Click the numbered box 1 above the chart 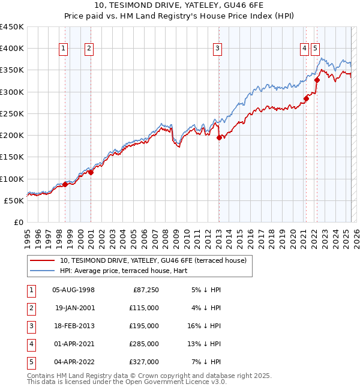[x=64, y=49]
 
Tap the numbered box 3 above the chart [x=217, y=49]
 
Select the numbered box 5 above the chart [x=316, y=49]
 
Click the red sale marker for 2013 [x=218, y=137]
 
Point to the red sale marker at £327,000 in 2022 [x=316, y=80]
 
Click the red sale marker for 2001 [x=91, y=172]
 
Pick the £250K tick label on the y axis [x=12, y=113]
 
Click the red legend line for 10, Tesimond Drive [x=41, y=260]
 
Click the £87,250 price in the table [x=146, y=290]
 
